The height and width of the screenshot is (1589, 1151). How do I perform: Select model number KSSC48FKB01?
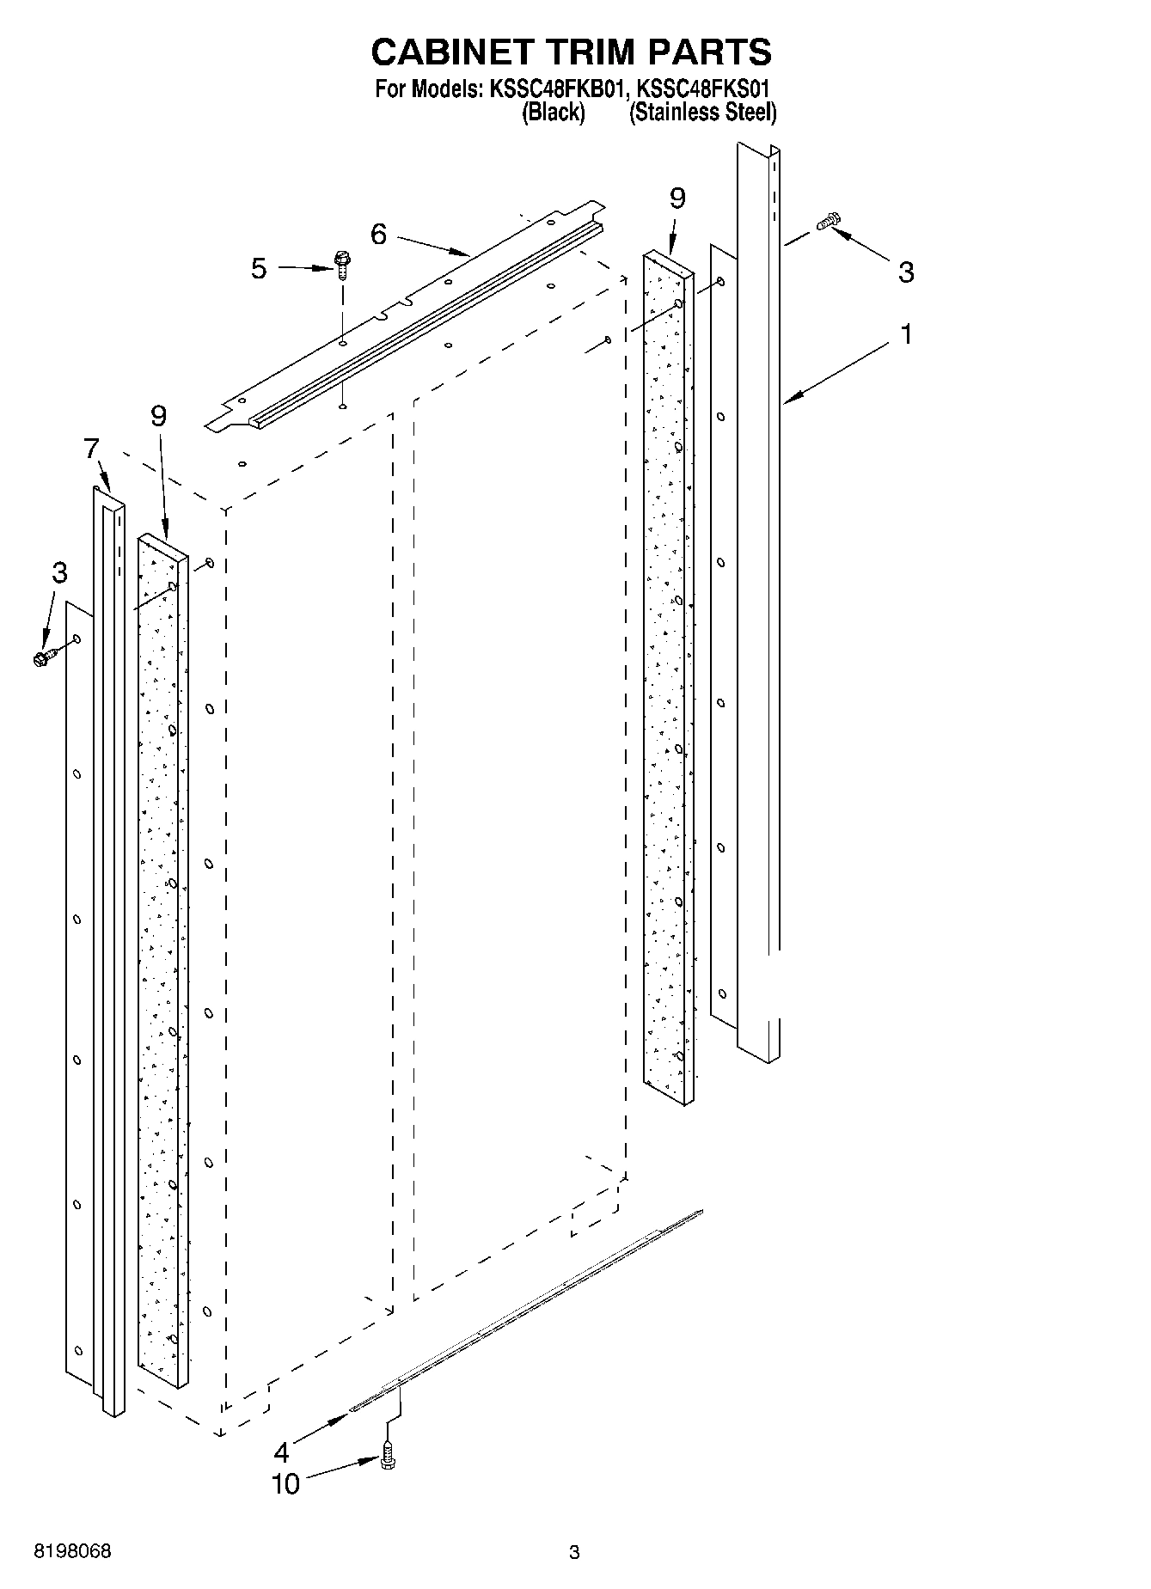point(556,89)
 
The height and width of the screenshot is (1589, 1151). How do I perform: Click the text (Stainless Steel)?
point(702,112)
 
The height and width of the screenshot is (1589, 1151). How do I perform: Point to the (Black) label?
point(554,112)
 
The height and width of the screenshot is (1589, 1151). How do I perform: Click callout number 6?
point(379,234)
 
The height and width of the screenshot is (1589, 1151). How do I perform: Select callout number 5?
point(259,268)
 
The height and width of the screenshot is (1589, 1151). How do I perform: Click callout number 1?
point(905,333)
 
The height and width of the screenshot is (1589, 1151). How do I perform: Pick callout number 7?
point(91,448)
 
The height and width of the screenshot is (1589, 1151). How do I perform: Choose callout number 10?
point(285,1483)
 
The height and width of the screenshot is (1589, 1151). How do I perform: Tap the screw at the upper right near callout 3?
point(830,221)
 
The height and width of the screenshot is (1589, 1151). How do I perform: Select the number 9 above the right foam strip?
point(677,199)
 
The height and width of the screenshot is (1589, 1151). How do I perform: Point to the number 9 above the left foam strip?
point(158,416)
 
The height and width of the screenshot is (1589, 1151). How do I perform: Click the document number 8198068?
point(72,1551)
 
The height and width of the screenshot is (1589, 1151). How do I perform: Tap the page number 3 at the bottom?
point(574,1552)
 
